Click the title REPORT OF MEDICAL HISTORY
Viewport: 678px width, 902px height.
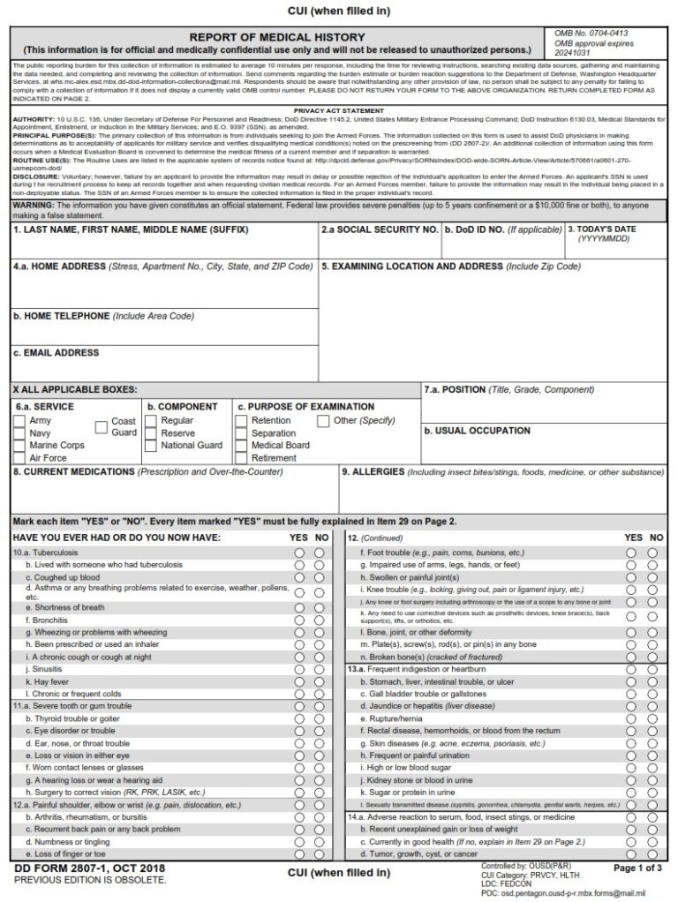click(276, 37)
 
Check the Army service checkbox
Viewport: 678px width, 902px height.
click(19, 421)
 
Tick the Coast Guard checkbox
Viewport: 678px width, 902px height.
click(102, 427)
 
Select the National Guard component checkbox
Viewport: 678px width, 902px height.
click(151, 446)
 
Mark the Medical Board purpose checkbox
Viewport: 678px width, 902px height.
click(242, 446)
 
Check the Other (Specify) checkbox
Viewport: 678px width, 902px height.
click(324, 421)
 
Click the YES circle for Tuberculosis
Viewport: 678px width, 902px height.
click(299, 552)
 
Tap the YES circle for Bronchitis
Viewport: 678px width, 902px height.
click(299, 620)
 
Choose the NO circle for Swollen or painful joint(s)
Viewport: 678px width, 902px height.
click(652, 577)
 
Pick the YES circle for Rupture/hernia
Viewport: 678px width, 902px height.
click(631, 718)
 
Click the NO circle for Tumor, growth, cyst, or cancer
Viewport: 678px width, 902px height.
click(652, 854)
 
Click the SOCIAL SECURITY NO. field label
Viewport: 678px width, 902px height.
click(380, 229)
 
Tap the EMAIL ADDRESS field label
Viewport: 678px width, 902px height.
click(56, 353)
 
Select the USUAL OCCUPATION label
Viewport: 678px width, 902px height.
click(477, 431)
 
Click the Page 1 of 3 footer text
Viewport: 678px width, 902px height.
click(637, 868)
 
